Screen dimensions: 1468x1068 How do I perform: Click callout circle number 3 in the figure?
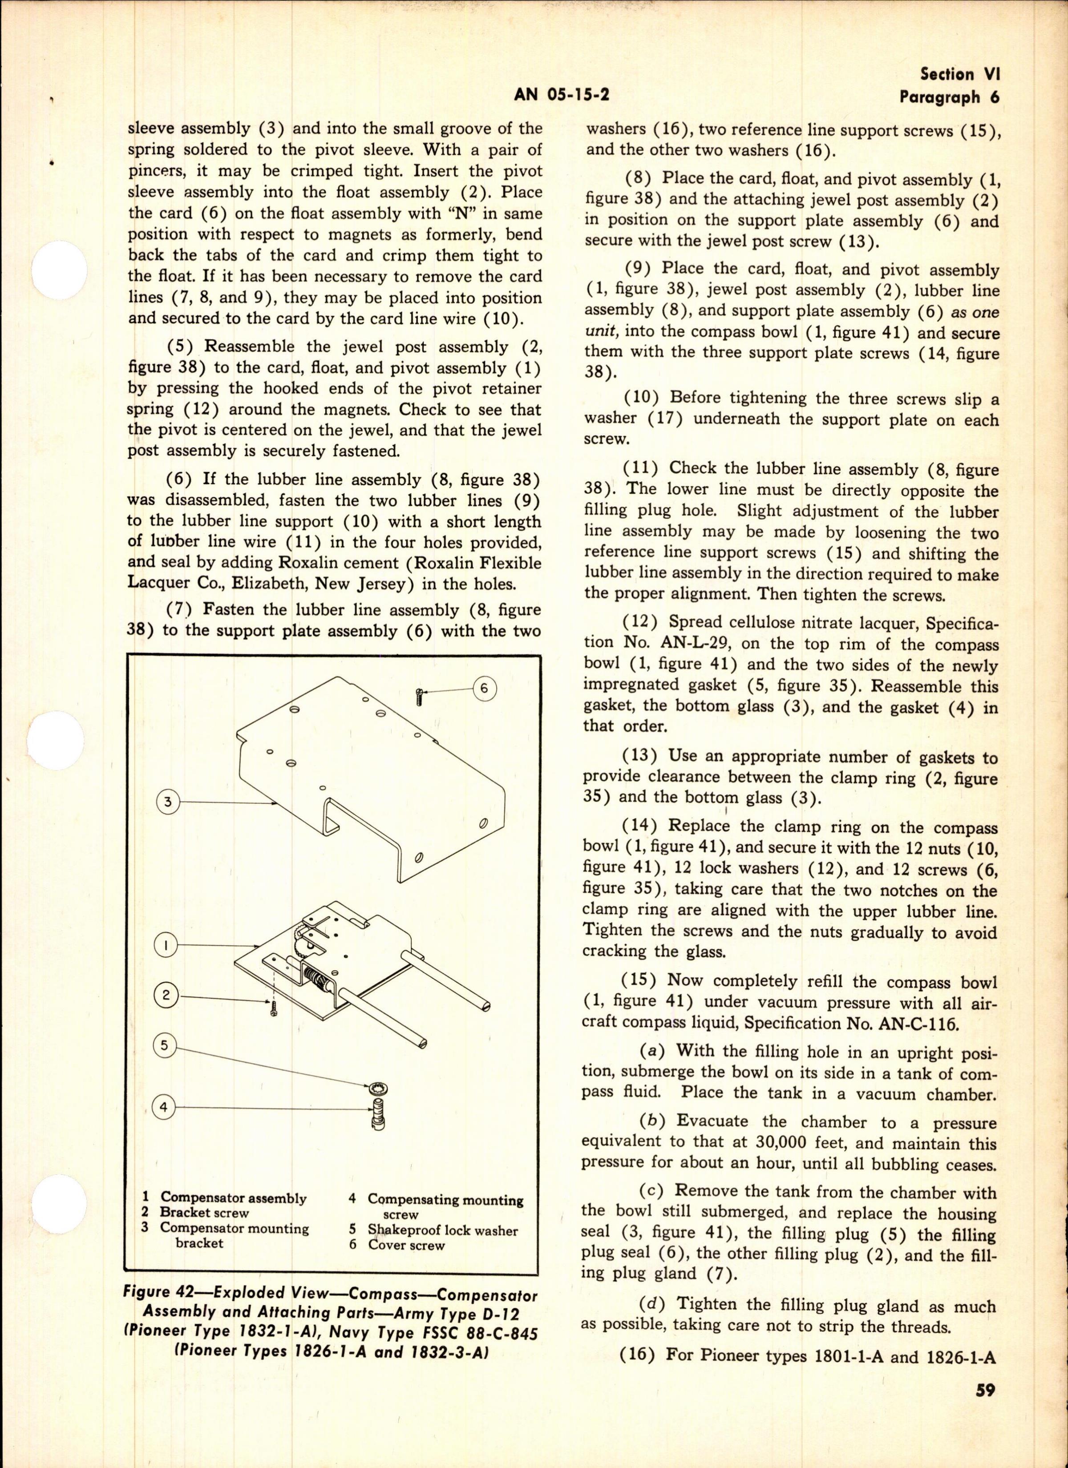coord(168,803)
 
